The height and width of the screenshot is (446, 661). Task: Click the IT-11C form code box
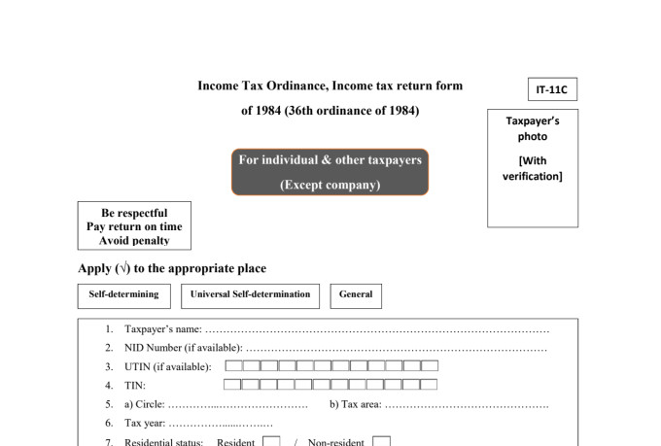click(x=552, y=89)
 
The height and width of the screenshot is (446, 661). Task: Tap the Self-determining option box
click(x=124, y=296)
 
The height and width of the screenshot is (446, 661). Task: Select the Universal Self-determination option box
click(x=250, y=296)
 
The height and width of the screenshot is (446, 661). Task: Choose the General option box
click(x=356, y=296)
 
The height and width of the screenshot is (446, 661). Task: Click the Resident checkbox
click(x=271, y=441)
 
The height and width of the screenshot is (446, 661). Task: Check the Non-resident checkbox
click(x=381, y=441)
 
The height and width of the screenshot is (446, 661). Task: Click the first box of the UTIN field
click(x=233, y=365)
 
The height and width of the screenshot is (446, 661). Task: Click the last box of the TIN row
click(x=429, y=384)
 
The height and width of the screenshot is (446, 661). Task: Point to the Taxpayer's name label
click(x=163, y=328)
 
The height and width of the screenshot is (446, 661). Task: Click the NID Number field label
click(x=184, y=348)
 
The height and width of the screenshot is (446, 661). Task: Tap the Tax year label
click(x=145, y=423)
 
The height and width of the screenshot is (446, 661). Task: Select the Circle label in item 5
click(x=145, y=404)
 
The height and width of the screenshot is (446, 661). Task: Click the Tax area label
click(x=356, y=404)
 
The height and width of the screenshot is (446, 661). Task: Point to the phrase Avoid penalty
click(x=134, y=240)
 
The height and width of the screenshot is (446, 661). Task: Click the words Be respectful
click(x=134, y=213)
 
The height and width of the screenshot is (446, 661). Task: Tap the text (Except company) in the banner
click(x=330, y=185)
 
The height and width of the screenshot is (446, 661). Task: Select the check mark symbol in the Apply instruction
click(x=123, y=267)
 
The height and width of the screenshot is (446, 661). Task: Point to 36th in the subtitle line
click(x=300, y=111)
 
